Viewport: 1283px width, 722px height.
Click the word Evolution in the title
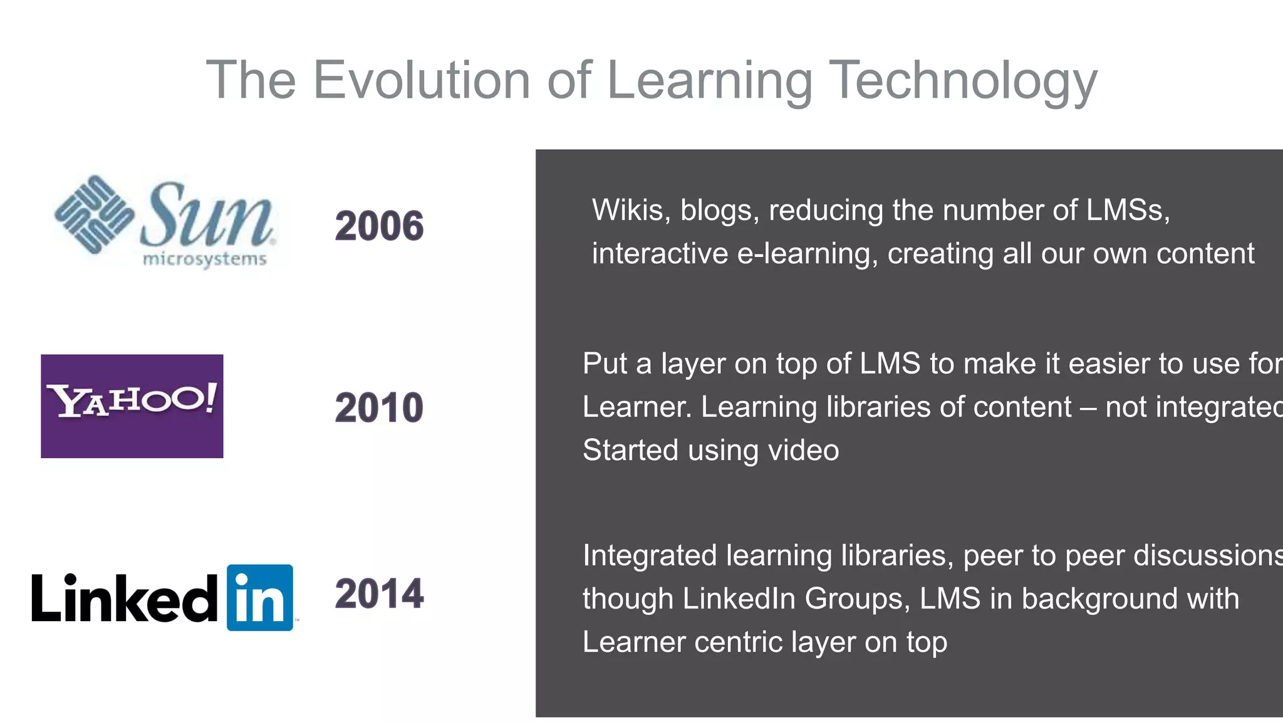pos(422,80)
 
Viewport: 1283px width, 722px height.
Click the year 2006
pos(379,226)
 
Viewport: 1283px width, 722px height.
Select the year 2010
pos(379,407)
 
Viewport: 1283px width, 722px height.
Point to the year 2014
pos(379,594)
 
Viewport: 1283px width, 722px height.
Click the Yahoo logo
pos(132,405)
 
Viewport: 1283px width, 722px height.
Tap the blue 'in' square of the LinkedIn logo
pos(259,597)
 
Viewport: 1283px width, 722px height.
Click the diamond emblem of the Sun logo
pos(94,214)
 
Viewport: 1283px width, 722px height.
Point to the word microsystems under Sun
pos(205,259)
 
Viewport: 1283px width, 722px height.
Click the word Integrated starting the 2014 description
pos(650,555)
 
